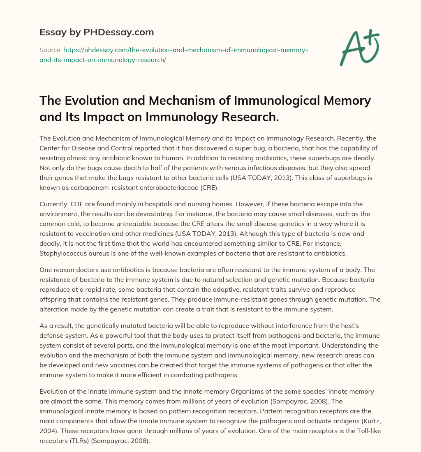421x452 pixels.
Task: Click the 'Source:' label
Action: pyautogui.click(x=50, y=50)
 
